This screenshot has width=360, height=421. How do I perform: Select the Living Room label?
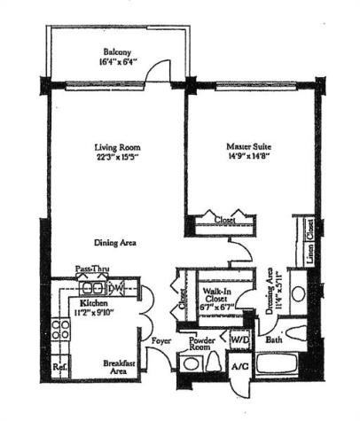point(118,147)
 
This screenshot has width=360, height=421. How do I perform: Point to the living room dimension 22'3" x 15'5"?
point(118,157)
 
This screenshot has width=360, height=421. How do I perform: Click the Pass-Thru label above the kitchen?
point(90,269)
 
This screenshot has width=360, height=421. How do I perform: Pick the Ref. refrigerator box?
point(60,365)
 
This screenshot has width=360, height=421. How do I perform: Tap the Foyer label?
point(160,337)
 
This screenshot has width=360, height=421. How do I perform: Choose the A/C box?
point(239,366)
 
